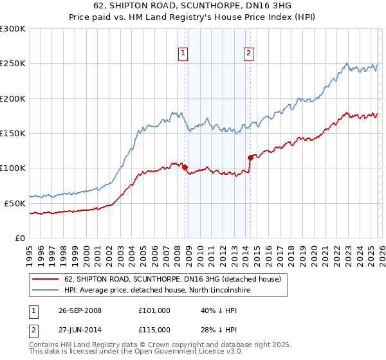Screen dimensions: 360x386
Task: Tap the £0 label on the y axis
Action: tap(19, 238)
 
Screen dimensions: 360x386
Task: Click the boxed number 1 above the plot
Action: tap(184, 54)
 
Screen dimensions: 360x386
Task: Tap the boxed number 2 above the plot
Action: tap(248, 54)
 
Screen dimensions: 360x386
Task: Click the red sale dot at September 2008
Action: tap(185, 168)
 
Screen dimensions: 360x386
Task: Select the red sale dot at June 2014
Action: tap(250, 157)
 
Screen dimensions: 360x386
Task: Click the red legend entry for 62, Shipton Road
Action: tap(172, 280)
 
